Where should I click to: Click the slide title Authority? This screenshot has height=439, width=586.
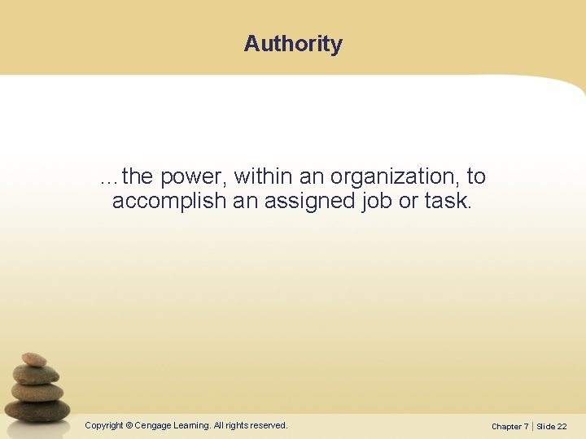(293, 43)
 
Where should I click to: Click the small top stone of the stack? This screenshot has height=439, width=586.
(33, 359)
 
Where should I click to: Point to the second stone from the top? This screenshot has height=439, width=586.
(37, 375)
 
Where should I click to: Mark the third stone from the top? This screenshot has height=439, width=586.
(37, 391)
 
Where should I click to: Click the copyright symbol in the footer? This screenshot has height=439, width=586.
(129, 425)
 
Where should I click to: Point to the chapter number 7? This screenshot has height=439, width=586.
(526, 426)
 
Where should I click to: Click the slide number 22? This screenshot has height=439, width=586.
(562, 426)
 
